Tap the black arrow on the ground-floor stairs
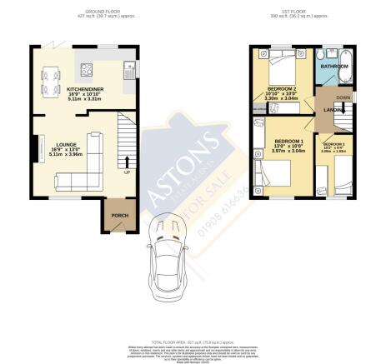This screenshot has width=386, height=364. click(x=127, y=160)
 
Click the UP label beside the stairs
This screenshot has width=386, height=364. click(x=127, y=172)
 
